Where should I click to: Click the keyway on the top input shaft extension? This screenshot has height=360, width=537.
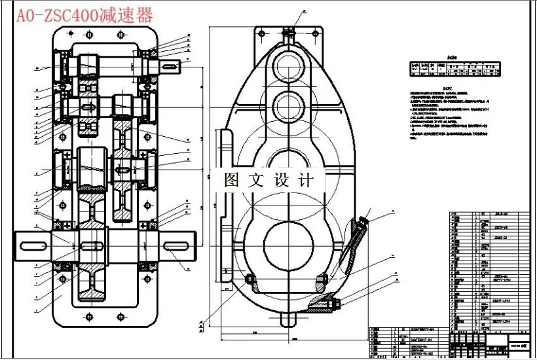pos(171,65)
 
